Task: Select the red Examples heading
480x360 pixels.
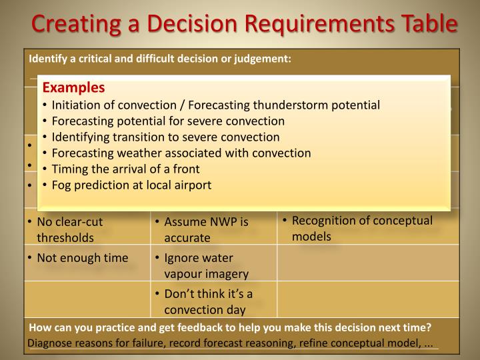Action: tap(74, 88)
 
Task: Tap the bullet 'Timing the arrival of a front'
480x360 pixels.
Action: tap(125, 169)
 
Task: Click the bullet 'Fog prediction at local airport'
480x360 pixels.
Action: tap(131, 185)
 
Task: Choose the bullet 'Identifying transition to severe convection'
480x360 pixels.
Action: tap(165, 137)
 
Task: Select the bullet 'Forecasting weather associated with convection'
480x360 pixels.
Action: tap(181, 153)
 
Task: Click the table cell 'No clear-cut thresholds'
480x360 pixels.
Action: tap(70, 229)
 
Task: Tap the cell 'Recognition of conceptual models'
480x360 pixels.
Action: tap(362, 228)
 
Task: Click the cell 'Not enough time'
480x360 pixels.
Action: tap(82, 258)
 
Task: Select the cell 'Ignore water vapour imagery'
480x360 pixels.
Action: tap(201, 265)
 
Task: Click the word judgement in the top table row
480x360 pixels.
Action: tap(267, 58)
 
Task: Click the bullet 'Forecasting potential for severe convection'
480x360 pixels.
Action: tap(168, 121)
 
